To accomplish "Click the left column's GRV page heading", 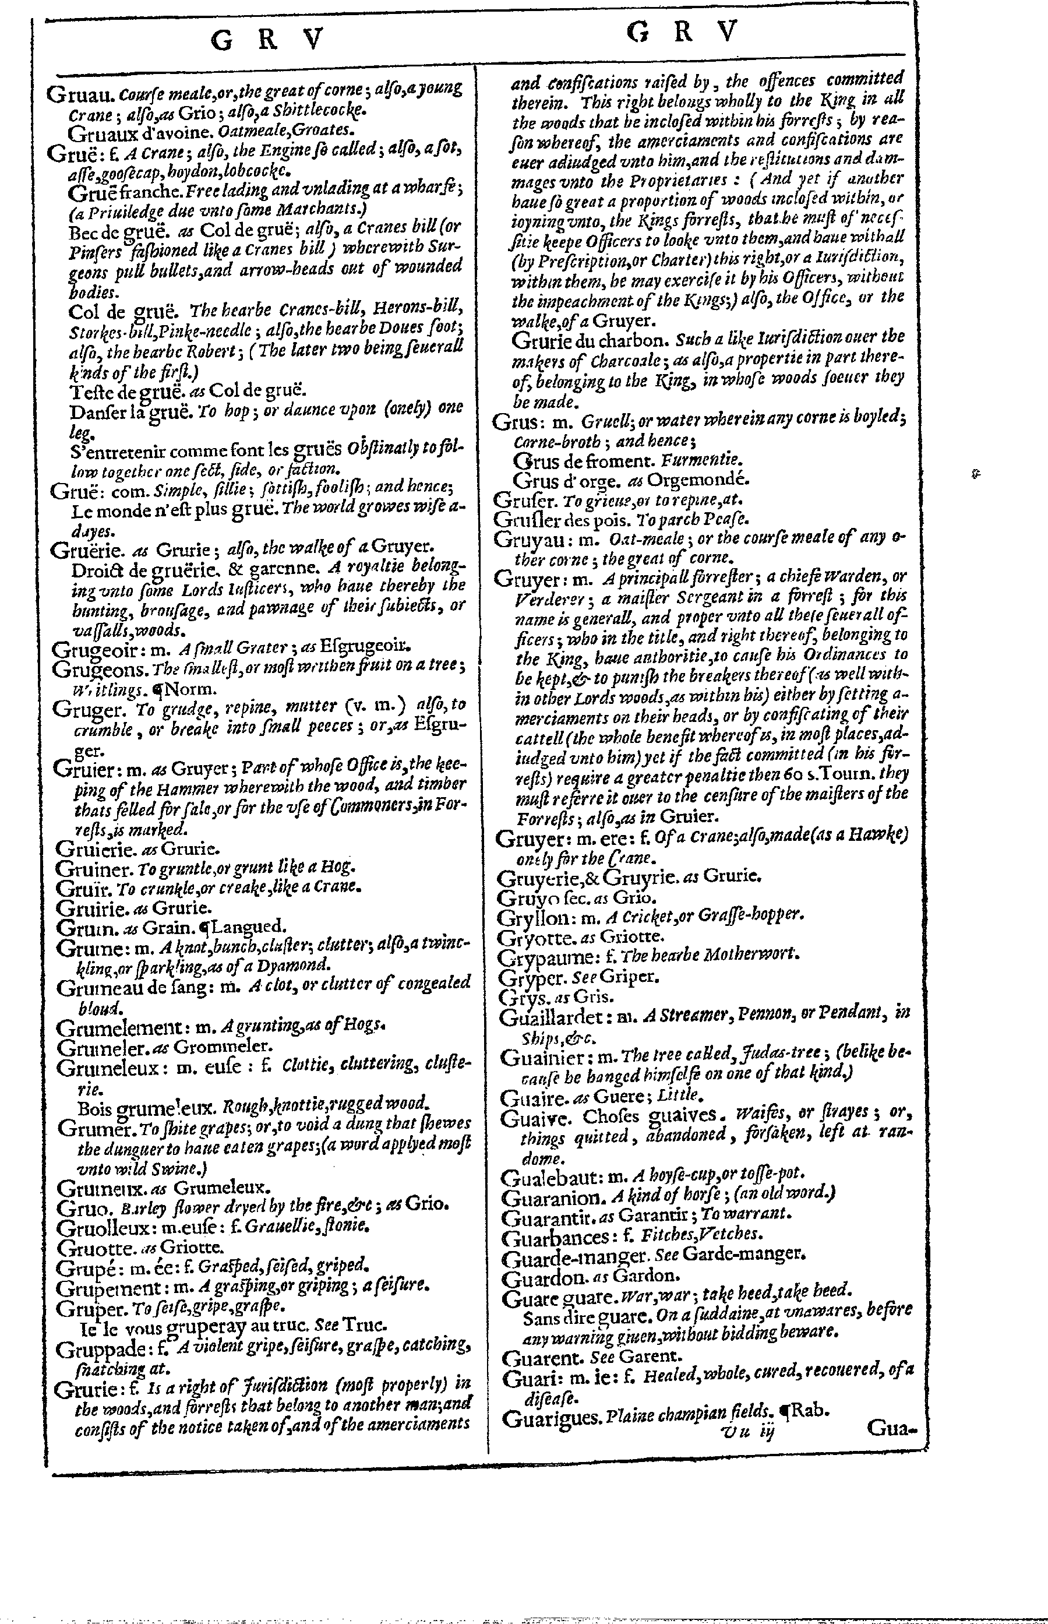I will (x=266, y=41).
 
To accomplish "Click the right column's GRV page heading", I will (x=682, y=32).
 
